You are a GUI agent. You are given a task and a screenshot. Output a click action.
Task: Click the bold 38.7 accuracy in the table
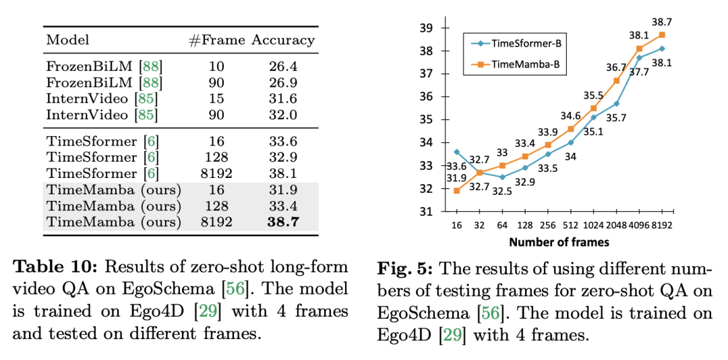coord(284,222)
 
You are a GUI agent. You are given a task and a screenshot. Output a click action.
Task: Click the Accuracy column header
coord(283,40)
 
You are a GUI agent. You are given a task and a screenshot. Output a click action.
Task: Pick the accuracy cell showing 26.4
coord(284,67)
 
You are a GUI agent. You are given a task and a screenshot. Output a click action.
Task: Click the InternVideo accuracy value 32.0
coord(284,115)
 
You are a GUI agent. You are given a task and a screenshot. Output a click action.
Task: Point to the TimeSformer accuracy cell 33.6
coord(284,141)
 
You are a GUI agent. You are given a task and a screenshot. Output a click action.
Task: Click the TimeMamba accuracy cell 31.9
coord(284,189)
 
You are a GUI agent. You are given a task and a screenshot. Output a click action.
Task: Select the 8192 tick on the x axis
coord(662,225)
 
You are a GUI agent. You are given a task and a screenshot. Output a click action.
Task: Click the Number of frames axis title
coord(559,241)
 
